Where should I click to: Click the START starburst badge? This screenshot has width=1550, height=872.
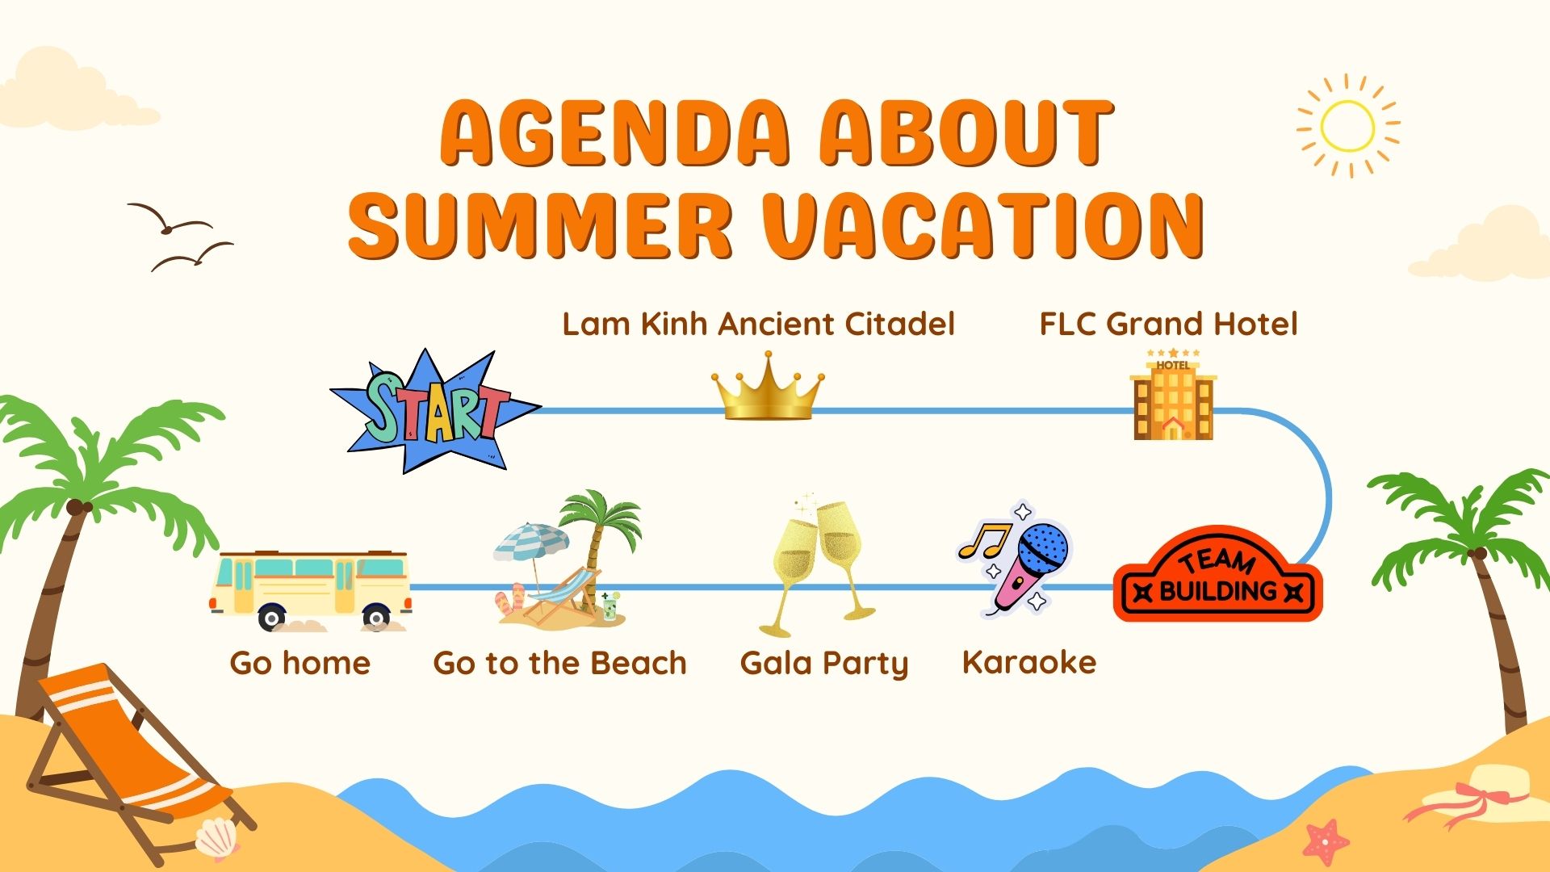pyautogui.click(x=435, y=412)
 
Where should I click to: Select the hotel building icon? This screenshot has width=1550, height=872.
pyautogui.click(x=1173, y=394)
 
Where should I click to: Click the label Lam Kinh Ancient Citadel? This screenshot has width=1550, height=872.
pyautogui.click(x=758, y=324)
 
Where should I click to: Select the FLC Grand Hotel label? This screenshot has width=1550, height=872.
pyautogui.click(x=1168, y=324)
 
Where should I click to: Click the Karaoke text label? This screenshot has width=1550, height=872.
pyautogui.click(x=1029, y=662)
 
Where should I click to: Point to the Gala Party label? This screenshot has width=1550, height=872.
pyautogui.click(x=824, y=664)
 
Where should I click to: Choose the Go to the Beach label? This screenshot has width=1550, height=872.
pyautogui.click(x=559, y=663)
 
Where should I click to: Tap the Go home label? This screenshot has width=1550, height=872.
pyautogui.click(x=300, y=663)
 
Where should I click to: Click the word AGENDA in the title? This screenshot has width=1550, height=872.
pyautogui.click(x=614, y=132)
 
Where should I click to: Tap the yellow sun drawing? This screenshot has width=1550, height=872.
pyautogui.click(x=1347, y=126)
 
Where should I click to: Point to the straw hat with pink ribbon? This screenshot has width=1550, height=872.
pyautogui.click(x=1477, y=795)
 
